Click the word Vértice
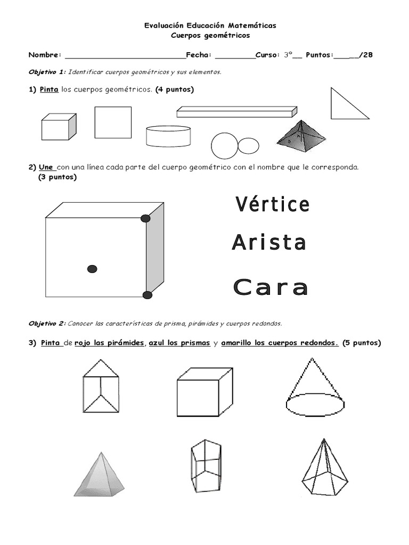pyautogui.click(x=272, y=204)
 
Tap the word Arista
pyautogui.click(x=269, y=243)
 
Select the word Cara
pyautogui.click(x=271, y=287)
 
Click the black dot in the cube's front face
pyautogui.click(x=92, y=269)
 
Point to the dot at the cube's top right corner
pyautogui.click(x=145, y=218)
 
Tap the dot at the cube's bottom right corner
pyautogui.click(x=148, y=295)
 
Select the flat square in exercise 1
pyautogui.click(x=113, y=122)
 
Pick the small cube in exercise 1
pyautogui.click(x=59, y=127)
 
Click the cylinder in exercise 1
pyautogui.click(x=168, y=136)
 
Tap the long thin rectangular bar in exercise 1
pyautogui.click(x=236, y=112)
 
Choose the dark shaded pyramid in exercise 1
pyautogui.click(x=301, y=134)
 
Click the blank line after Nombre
pyautogui.click(x=124, y=55)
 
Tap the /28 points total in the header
pyautogui.click(x=366, y=54)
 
